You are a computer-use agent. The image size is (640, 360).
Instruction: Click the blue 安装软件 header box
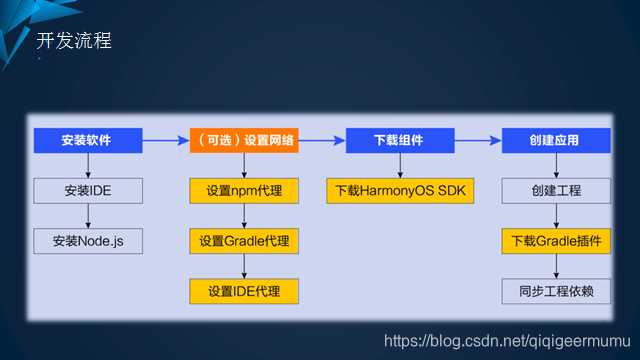(88, 140)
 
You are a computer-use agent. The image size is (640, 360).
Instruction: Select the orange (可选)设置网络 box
(244, 140)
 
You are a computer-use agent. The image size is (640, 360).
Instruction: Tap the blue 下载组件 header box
(400, 140)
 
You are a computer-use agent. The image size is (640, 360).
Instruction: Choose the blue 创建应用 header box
(556, 140)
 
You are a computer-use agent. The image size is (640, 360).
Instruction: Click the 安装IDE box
(88, 191)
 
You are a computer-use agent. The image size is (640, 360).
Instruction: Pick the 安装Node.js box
(88, 241)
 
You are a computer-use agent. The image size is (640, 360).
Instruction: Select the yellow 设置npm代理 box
(244, 191)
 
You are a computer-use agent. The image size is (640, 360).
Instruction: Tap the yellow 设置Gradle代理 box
(244, 241)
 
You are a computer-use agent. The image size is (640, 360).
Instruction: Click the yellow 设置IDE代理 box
(244, 291)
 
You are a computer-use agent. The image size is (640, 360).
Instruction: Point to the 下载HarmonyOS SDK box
(400, 191)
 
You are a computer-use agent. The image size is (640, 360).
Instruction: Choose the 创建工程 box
(556, 191)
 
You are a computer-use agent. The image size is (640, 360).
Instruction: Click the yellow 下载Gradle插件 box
(556, 241)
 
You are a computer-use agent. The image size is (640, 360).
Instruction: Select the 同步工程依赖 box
(556, 291)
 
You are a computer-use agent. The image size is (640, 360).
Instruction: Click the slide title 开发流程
(74, 41)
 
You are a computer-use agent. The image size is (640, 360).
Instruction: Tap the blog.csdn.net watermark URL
(507, 341)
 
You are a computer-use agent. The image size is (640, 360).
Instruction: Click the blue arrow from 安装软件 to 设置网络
(166, 140)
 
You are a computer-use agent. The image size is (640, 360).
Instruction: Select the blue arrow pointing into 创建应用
(478, 140)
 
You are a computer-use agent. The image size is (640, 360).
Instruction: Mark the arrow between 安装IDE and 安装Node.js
(88, 216)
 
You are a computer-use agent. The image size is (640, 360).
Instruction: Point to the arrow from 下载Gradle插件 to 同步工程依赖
(556, 266)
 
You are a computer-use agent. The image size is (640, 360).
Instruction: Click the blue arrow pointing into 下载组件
(322, 140)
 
